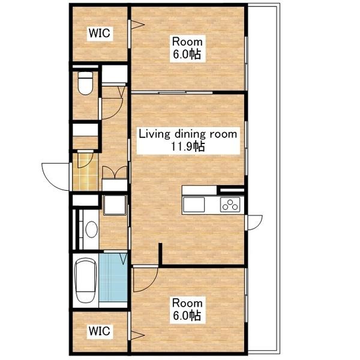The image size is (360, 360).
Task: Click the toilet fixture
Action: coord(85,83)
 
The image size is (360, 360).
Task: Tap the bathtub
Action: coord(85,280)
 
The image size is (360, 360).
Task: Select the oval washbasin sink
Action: coord(91,229)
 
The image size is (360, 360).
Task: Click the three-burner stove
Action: coord(230,205)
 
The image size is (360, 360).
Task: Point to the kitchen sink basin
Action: coord(194,205)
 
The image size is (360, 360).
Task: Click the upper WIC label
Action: coord(100,33)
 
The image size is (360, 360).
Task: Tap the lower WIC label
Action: coord(100,331)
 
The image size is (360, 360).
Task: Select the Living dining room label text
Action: coord(188,134)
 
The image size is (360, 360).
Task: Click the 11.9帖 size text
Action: coord(188,146)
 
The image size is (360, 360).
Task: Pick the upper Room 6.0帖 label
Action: coord(187,48)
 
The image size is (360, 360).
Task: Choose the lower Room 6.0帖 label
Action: coord(187,309)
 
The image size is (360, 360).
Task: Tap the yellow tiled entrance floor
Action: coord(85,172)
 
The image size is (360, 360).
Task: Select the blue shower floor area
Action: coord(113,277)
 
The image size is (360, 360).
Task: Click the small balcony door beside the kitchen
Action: coord(254,223)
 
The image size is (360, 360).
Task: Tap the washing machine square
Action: coord(115,205)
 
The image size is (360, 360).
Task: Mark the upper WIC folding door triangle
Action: coord(137,25)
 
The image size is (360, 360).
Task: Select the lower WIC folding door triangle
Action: coord(137,335)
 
